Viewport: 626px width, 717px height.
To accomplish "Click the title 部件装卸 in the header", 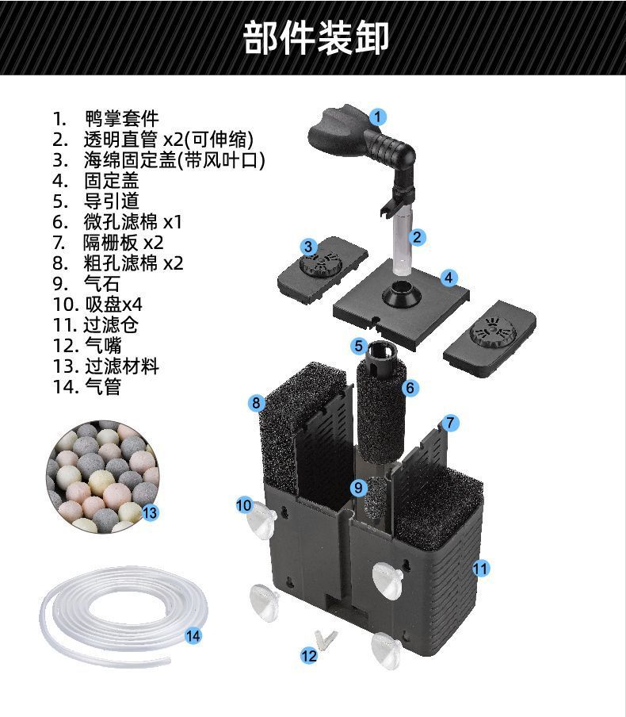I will pyautogui.click(x=315, y=37).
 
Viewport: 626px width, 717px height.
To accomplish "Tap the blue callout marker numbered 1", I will pyautogui.click(x=378, y=117).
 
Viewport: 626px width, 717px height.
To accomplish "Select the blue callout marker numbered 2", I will pyautogui.click(x=417, y=236).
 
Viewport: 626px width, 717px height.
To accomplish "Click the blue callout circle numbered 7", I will pyautogui.click(x=450, y=423).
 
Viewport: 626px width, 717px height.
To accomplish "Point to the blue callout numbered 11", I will pyautogui.click(x=480, y=568).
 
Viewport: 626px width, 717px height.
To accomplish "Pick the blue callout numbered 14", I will pyautogui.click(x=193, y=635).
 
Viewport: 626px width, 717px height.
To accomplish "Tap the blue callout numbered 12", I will pyautogui.click(x=309, y=655).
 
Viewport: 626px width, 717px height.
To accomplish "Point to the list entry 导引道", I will pyautogui.click(x=111, y=201).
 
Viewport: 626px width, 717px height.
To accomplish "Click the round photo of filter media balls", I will pyautogui.click(x=102, y=477).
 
